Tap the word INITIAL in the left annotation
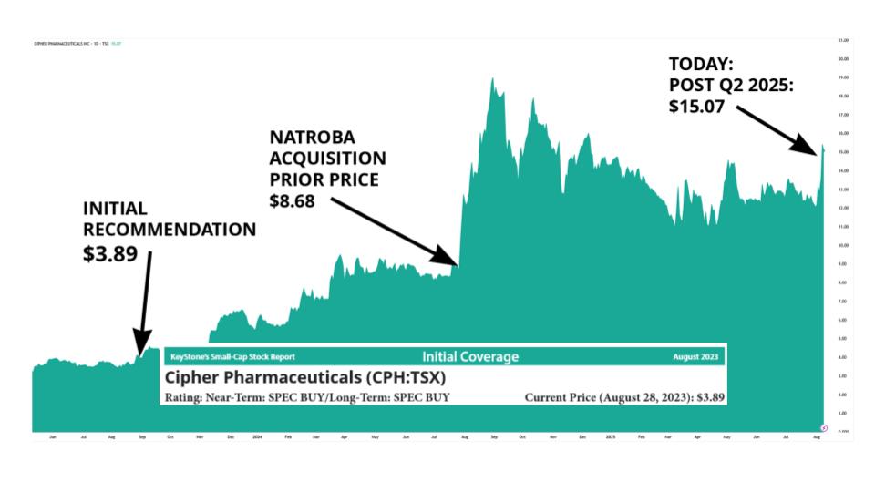[x=115, y=209]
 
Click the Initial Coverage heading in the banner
[x=470, y=357]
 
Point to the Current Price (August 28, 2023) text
[x=625, y=398]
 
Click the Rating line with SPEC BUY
[x=307, y=398]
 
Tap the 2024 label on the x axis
[x=258, y=437]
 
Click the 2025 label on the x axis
[x=611, y=437]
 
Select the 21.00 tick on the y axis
[x=842, y=41]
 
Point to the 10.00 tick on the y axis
[x=842, y=245]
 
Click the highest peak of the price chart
[x=492, y=79]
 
